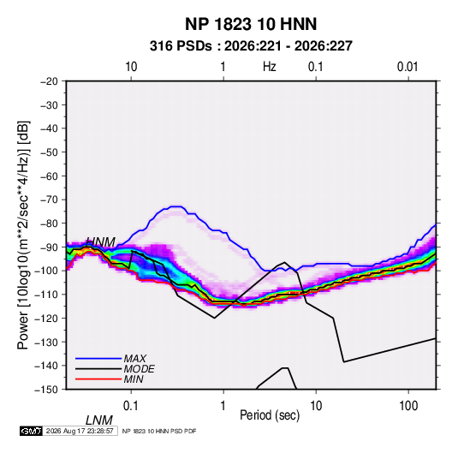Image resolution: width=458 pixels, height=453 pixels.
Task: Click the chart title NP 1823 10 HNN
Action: click(x=251, y=24)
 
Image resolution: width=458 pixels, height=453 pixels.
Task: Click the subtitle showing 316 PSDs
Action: click(x=251, y=46)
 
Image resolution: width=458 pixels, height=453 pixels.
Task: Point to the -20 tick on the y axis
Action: click(x=49, y=81)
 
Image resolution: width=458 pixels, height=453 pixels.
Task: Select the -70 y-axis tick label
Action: click(x=49, y=200)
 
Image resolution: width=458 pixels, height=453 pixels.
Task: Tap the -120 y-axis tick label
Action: click(x=47, y=319)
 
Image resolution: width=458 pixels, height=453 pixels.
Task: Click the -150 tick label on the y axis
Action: click(x=47, y=390)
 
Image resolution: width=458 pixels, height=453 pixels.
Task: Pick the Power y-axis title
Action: click(x=23, y=235)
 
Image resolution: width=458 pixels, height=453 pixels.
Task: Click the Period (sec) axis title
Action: click(x=270, y=415)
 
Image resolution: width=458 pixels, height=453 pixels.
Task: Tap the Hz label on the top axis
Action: click(x=270, y=67)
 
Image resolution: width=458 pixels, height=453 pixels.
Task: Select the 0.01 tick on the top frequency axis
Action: click(x=407, y=67)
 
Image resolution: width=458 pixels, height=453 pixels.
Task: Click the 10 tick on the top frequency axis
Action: click(x=131, y=67)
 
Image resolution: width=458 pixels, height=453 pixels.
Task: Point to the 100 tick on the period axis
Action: click(x=408, y=406)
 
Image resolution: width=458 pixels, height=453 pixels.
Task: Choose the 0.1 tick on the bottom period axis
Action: click(x=131, y=406)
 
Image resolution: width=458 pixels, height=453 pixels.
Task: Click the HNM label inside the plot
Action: click(x=101, y=242)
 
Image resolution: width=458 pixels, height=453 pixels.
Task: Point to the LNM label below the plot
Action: click(x=99, y=420)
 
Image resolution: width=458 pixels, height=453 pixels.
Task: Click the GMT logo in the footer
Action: click(x=31, y=431)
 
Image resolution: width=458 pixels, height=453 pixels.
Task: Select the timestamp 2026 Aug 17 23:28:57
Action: click(x=80, y=431)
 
